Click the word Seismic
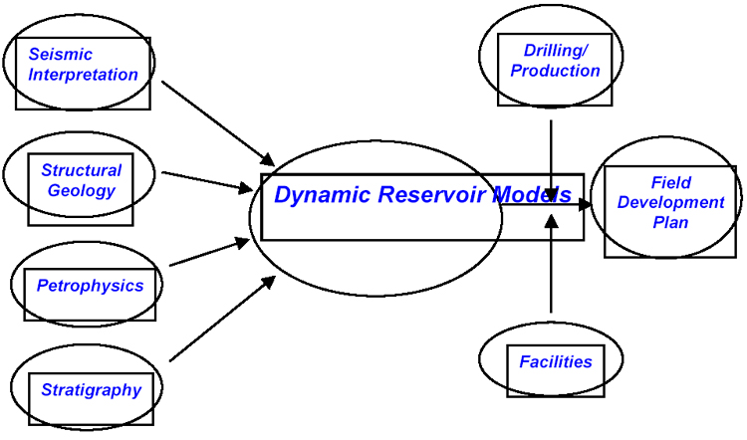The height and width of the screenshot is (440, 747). coord(60,55)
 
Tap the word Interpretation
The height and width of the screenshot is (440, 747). coord(83,75)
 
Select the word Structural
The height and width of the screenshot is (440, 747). coord(81,170)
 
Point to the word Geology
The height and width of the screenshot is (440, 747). coord(82,190)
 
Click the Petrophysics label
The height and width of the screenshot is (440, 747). coord(90,286)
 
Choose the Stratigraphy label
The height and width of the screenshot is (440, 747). coord(91,390)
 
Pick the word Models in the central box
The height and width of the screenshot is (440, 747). coord(532,195)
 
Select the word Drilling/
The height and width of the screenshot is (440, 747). coord(556,50)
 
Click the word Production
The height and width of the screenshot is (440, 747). coord(555,71)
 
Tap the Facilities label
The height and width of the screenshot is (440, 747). coord(556,362)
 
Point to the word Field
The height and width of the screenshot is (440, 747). coord(670,182)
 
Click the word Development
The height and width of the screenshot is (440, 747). coord(670,202)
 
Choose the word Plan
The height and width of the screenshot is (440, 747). coord(670,222)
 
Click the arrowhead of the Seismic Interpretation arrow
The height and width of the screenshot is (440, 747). coord(266,159)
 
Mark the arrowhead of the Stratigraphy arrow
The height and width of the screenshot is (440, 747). coord(267,283)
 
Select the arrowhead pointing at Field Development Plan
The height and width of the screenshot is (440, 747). coord(585,205)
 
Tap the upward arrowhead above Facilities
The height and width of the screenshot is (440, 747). coord(551,221)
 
